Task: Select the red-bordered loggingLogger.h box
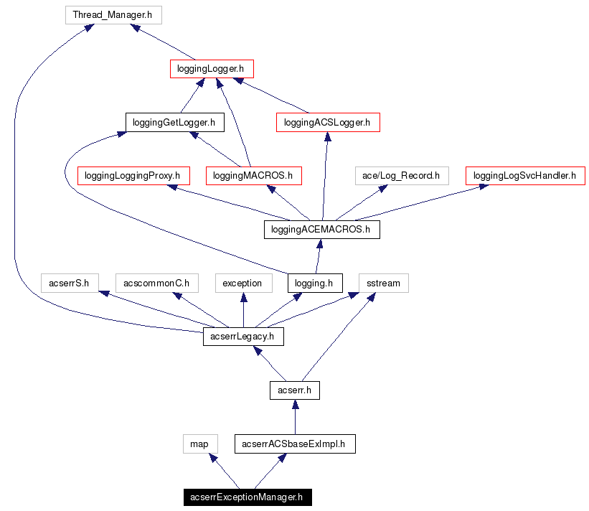click(212, 69)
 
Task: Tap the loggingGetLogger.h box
click(174, 123)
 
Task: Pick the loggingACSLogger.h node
click(327, 123)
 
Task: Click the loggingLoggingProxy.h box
click(132, 175)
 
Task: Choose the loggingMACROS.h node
click(253, 175)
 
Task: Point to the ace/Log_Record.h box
click(401, 175)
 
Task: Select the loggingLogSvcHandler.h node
click(525, 175)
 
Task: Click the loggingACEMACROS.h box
click(321, 230)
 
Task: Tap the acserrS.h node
click(69, 283)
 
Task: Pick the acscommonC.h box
click(156, 283)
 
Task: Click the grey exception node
click(242, 283)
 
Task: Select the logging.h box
click(315, 283)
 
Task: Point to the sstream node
click(383, 283)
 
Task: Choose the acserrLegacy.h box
click(243, 336)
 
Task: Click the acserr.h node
click(294, 390)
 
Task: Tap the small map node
click(199, 444)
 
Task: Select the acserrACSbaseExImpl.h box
click(294, 444)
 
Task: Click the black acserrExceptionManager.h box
click(247, 497)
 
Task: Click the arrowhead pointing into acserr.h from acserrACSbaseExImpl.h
click(294, 405)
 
